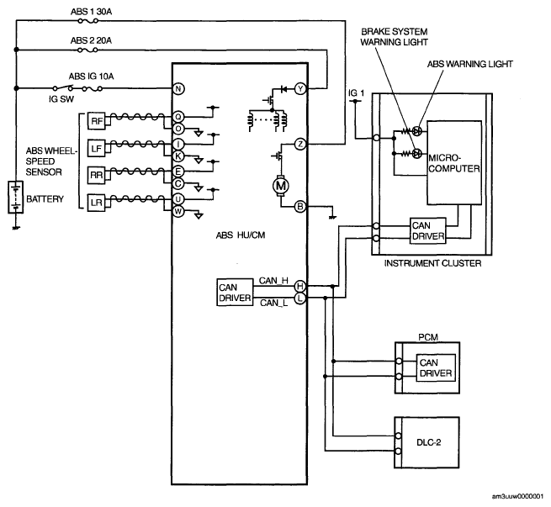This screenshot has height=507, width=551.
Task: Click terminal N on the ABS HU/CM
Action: pos(178,88)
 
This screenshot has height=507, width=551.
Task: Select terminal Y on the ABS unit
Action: pos(300,89)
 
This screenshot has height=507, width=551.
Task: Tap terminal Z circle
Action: pos(300,144)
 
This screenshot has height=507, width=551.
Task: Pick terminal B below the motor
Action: pos(300,207)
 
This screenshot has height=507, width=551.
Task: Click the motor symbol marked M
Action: pos(280,186)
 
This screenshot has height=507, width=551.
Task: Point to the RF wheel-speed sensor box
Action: pos(96,121)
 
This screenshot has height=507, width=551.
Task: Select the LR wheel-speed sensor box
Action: pos(96,203)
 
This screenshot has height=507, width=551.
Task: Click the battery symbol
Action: pos(16,197)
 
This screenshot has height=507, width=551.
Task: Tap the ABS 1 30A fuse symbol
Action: pos(87,21)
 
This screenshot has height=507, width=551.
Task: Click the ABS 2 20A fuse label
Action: pos(91,40)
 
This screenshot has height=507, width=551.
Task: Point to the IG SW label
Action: pos(61,99)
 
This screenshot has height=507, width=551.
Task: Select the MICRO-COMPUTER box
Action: pos(454,163)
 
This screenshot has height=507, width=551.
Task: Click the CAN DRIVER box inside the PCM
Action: pos(436,368)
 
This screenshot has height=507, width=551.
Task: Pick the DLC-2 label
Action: pos(429,442)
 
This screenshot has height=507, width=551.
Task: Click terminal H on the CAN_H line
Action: pos(299,286)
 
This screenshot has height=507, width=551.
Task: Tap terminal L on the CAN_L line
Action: pos(299,298)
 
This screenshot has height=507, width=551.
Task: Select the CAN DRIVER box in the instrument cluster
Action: pos(428,230)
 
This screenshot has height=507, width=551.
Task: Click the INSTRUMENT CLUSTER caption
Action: pos(432,263)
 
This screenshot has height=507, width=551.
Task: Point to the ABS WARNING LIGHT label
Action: pos(470,64)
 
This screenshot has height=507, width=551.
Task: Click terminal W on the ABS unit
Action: pos(178,211)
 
